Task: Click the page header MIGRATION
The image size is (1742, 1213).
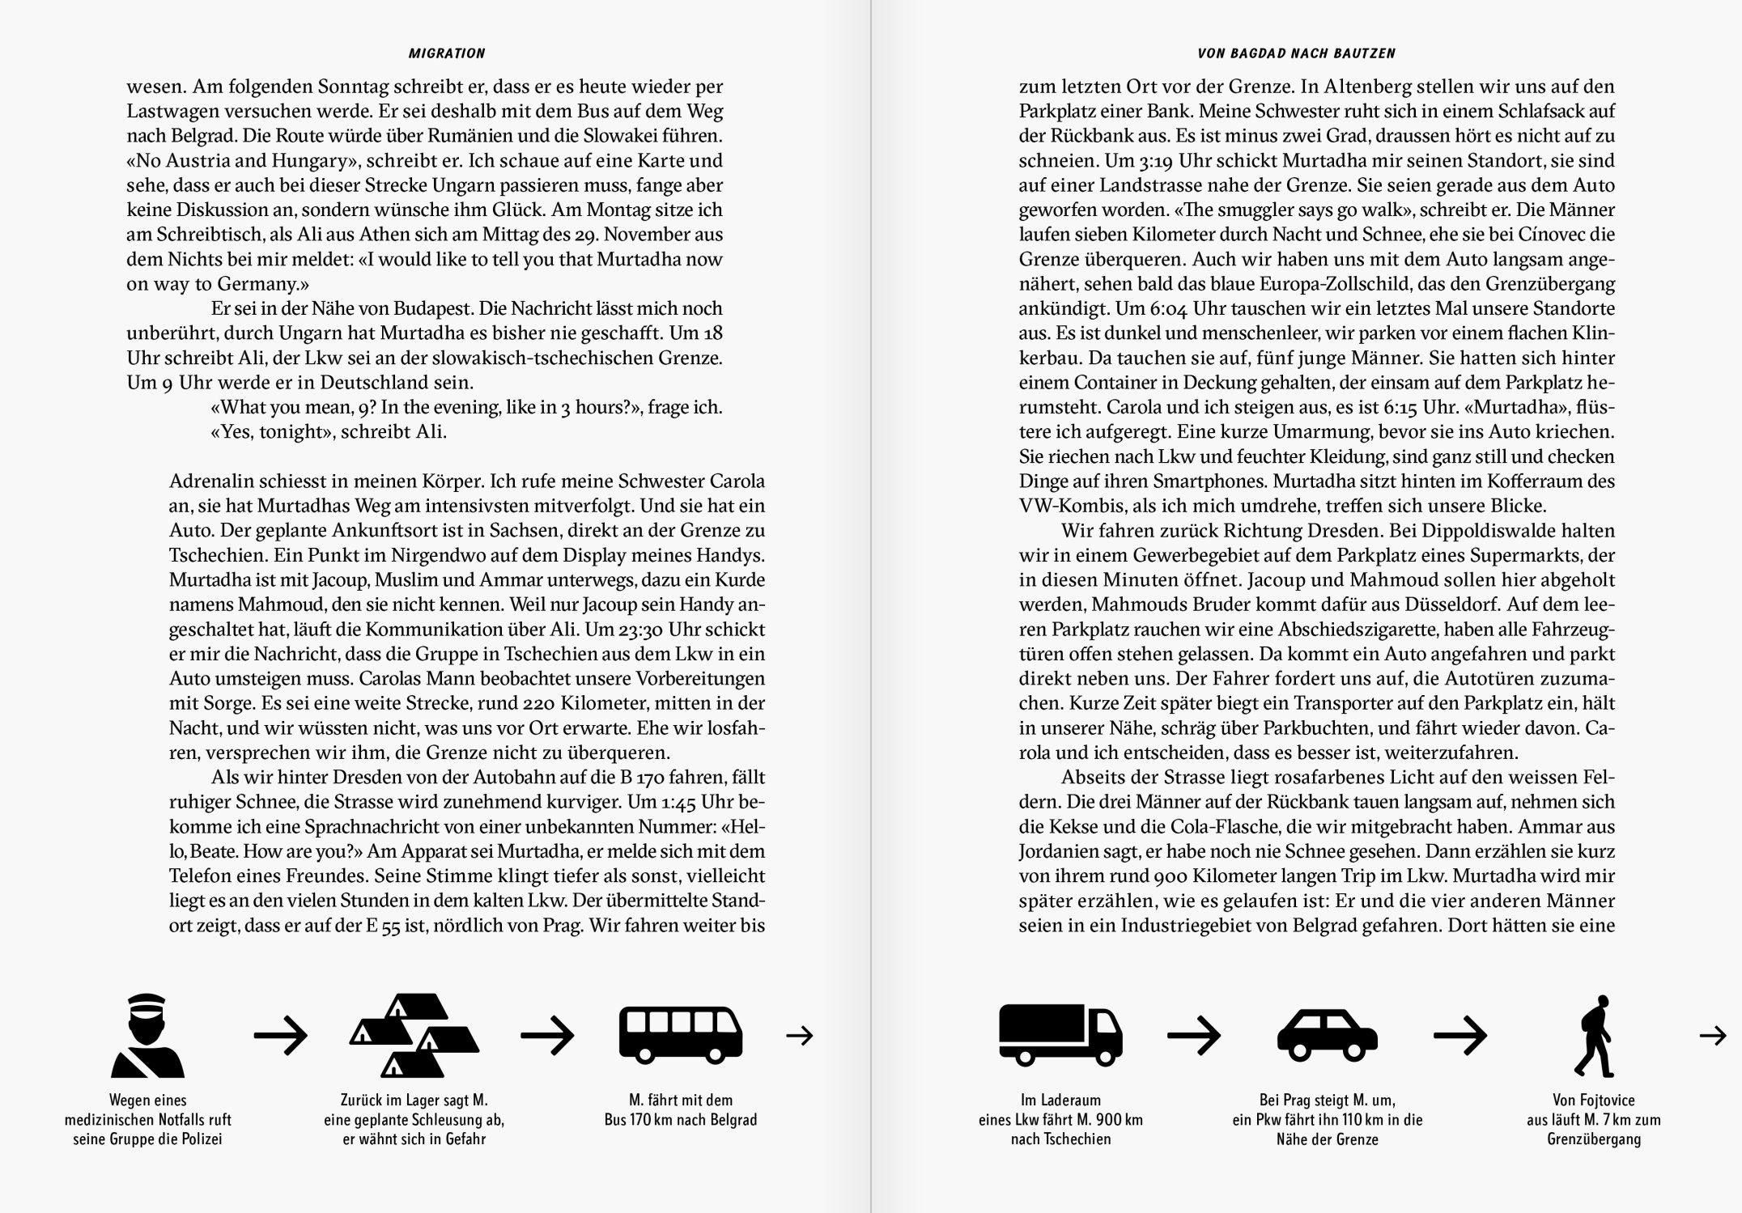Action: [x=447, y=53]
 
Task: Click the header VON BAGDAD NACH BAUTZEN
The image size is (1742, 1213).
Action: [x=1297, y=53]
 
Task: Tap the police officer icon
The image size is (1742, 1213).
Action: [x=147, y=1035]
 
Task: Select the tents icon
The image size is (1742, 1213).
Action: [x=414, y=1035]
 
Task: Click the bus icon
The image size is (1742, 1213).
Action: [x=680, y=1034]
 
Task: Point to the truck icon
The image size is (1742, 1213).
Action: [x=1060, y=1034]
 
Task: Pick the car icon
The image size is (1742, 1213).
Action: [x=1327, y=1034]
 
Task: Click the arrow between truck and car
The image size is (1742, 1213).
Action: [x=1193, y=1035]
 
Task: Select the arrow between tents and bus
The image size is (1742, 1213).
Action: [x=547, y=1035]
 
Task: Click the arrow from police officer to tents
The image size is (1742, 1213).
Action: [x=280, y=1035]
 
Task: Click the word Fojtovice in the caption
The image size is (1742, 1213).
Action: [x=1605, y=1101]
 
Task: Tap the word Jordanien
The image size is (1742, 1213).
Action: [x=1063, y=851]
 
